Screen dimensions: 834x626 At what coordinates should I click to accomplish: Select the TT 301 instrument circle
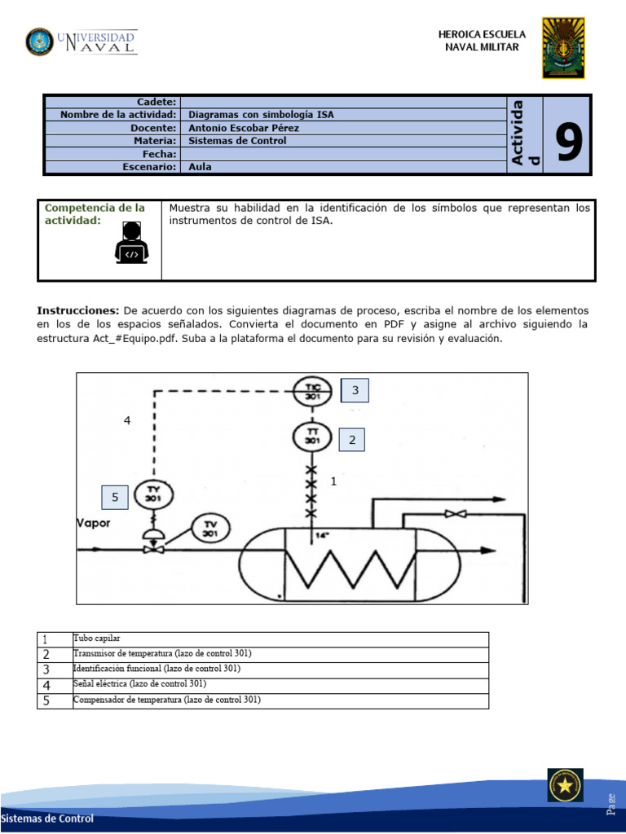click(311, 437)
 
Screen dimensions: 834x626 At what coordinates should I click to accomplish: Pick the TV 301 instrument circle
click(210, 529)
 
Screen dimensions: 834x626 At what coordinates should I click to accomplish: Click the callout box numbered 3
click(355, 391)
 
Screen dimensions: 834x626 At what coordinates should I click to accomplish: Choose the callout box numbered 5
click(115, 497)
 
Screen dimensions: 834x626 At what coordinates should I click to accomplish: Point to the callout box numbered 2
click(352, 440)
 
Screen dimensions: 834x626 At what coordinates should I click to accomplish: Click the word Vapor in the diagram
click(93, 523)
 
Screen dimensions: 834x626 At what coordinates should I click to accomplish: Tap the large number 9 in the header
click(569, 141)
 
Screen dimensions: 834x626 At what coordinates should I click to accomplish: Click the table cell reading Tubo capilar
click(97, 639)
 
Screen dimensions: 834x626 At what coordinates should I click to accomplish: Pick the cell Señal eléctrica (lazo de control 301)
click(139, 684)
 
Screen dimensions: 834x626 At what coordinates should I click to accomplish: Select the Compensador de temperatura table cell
click(167, 700)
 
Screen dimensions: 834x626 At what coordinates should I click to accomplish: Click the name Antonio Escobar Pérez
click(244, 128)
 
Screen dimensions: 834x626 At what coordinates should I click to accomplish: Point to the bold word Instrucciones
click(78, 311)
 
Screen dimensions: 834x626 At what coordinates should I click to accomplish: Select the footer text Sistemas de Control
click(47, 819)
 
